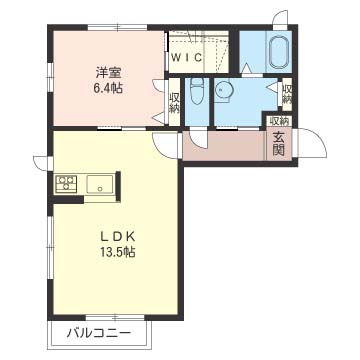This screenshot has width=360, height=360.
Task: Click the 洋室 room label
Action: (x=108, y=73)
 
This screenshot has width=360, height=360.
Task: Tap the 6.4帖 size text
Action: (x=108, y=89)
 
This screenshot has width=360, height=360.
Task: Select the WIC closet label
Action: (x=187, y=58)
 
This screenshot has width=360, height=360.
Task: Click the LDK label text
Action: (x=118, y=237)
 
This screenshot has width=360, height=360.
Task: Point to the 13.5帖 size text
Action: (x=118, y=252)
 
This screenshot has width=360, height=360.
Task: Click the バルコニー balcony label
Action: (x=99, y=333)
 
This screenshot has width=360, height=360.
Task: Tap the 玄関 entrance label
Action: (x=278, y=143)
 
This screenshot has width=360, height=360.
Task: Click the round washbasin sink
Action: (x=222, y=90)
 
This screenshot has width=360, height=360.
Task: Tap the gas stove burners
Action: (x=66, y=184)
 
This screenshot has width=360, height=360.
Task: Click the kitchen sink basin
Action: (x=99, y=184)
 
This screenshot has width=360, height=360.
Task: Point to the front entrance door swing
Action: (x=312, y=143)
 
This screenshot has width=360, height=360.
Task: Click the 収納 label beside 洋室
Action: (x=174, y=103)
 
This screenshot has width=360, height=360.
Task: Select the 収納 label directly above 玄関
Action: (x=279, y=121)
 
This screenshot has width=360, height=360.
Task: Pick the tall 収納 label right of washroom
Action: (x=286, y=94)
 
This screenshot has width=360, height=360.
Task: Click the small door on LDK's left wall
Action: (x=43, y=163)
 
